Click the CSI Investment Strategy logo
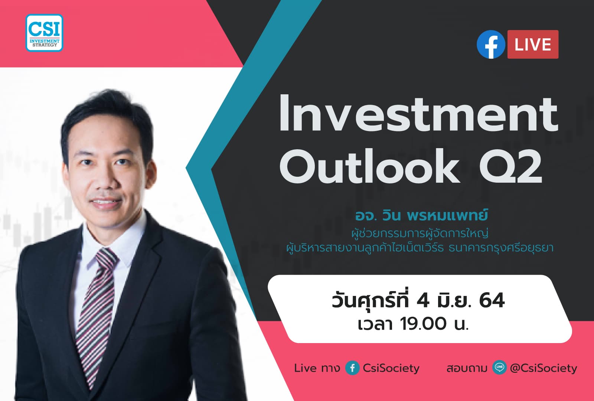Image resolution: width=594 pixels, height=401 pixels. (x=45, y=33)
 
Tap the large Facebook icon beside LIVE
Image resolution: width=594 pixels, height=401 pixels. (x=491, y=45)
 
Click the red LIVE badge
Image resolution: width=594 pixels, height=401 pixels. (x=533, y=45)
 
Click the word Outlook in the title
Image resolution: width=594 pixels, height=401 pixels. (x=370, y=166)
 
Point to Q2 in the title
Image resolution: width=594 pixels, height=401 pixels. (x=510, y=166)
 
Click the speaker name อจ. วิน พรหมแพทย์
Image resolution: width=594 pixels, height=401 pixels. (x=421, y=215)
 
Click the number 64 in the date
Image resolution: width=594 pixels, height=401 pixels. (x=492, y=300)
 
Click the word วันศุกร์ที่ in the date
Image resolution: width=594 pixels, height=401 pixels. (x=371, y=300)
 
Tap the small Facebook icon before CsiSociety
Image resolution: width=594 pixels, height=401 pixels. (x=352, y=368)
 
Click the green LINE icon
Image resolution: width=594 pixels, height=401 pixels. (x=499, y=368)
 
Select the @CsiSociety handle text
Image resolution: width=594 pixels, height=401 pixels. (x=544, y=368)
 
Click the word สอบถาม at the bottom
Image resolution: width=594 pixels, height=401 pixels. (x=467, y=368)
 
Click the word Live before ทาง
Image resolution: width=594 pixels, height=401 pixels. (x=306, y=368)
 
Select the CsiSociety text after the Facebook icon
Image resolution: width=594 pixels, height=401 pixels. (x=391, y=368)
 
